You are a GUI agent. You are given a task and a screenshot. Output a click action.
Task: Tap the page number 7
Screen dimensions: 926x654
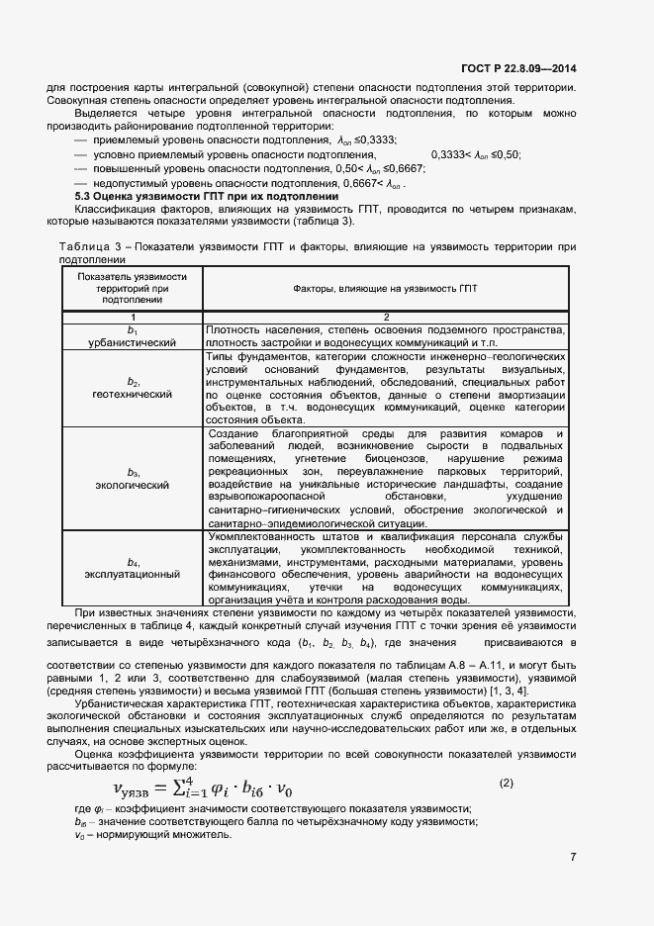(x=573, y=857)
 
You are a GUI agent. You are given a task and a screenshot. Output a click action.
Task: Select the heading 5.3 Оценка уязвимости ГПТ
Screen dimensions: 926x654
(x=207, y=197)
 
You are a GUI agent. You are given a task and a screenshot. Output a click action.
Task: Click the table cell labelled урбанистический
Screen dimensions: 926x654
(x=133, y=342)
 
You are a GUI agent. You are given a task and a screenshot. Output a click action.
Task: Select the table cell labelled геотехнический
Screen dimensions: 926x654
(x=133, y=394)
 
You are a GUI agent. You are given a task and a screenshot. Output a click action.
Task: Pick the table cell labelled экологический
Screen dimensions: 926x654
(x=133, y=485)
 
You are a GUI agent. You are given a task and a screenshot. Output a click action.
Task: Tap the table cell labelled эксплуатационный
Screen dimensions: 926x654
(x=133, y=574)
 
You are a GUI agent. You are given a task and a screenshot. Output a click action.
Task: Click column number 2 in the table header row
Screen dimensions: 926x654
(x=385, y=317)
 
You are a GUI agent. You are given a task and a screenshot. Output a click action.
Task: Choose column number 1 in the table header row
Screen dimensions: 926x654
(x=133, y=317)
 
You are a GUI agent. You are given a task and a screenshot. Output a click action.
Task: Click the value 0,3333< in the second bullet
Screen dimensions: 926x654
(x=451, y=154)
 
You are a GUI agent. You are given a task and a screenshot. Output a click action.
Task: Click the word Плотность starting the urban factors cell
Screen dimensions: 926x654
(x=232, y=329)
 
